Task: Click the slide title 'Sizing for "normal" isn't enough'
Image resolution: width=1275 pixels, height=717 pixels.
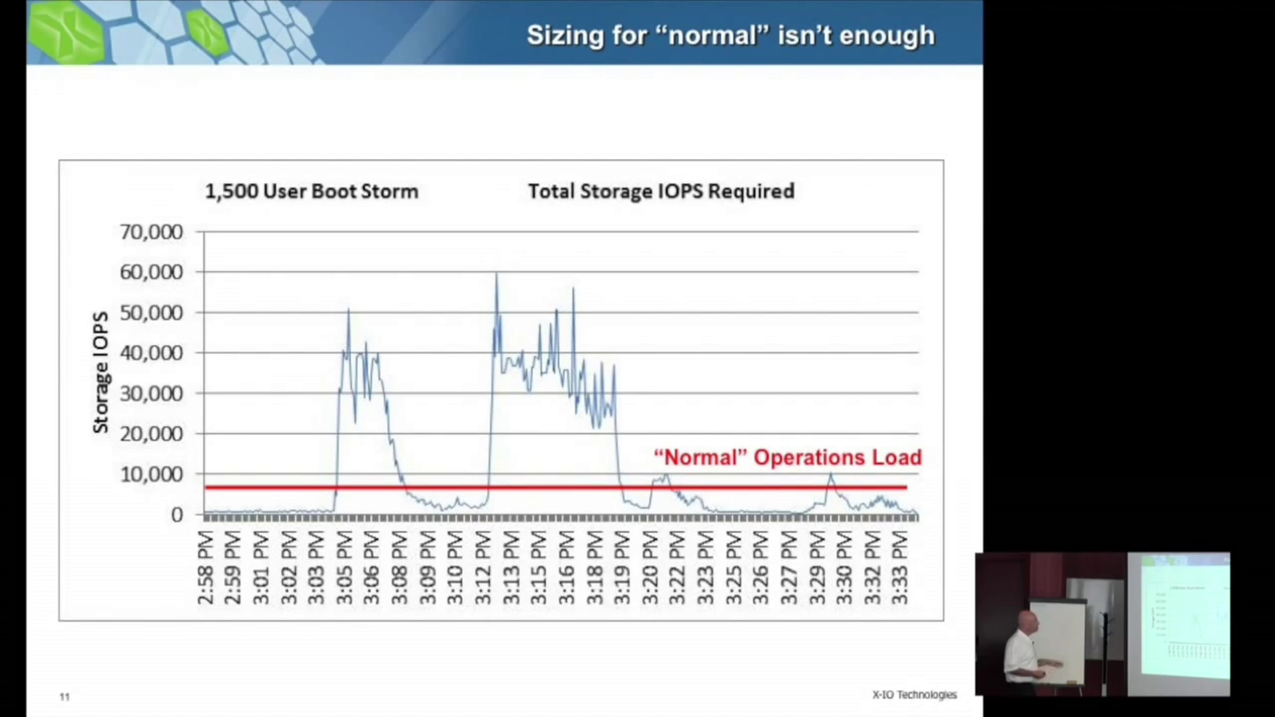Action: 730,36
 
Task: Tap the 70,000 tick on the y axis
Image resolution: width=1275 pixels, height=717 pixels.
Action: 151,232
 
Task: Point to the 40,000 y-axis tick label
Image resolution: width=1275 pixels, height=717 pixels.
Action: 151,353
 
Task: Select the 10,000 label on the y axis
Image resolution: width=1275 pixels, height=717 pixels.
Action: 151,474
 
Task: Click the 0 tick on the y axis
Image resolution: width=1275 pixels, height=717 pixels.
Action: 177,515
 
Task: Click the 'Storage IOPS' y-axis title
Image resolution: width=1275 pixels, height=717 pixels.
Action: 100,372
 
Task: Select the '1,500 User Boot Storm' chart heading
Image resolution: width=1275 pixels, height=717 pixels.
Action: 312,191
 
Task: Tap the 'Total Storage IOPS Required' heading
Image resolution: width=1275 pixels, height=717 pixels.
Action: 661,191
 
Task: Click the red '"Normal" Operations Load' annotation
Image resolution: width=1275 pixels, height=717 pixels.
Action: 787,457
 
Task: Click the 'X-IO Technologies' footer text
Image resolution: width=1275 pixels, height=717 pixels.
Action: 914,695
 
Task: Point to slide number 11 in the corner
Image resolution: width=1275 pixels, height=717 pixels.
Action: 65,697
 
